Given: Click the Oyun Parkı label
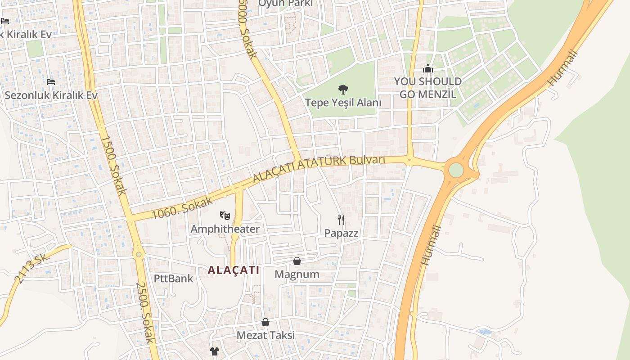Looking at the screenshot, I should (285, 4).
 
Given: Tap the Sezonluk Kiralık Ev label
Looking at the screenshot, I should (51, 95).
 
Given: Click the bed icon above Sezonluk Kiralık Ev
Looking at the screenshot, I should (51, 82).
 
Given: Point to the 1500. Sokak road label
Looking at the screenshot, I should (113, 165).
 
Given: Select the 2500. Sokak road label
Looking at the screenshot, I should (145, 312).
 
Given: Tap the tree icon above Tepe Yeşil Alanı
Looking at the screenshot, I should (343, 90).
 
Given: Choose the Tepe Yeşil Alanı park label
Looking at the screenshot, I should (343, 103).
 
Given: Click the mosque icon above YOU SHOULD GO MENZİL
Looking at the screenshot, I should (427, 69).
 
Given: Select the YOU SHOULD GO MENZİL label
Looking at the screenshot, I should (427, 88).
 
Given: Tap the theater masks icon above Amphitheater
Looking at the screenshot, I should (225, 216).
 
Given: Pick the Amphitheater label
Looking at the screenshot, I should (225, 229).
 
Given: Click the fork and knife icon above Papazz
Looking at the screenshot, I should (341, 220).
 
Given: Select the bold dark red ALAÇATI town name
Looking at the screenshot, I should (233, 270).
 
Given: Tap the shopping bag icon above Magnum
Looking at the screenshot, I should (297, 261).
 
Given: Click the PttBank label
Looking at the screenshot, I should (173, 278).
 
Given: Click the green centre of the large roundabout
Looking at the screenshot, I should (456, 170).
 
